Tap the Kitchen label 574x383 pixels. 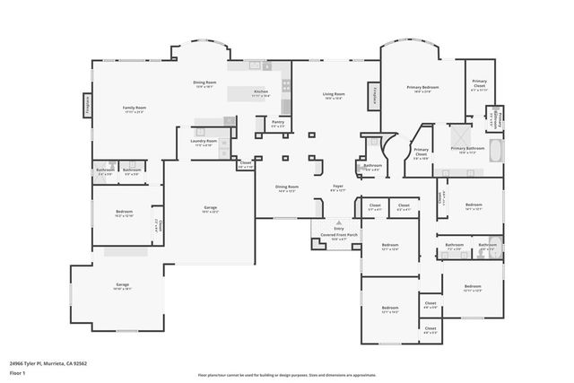tap(261, 91)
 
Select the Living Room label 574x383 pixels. tap(334, 93)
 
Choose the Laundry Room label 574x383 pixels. tap(204, 141)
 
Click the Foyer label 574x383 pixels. tap(338, 187)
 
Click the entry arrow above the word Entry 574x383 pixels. tap(339, 221)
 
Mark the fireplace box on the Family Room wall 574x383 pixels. tap(88, 105)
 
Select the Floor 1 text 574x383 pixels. tap(16, 372)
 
